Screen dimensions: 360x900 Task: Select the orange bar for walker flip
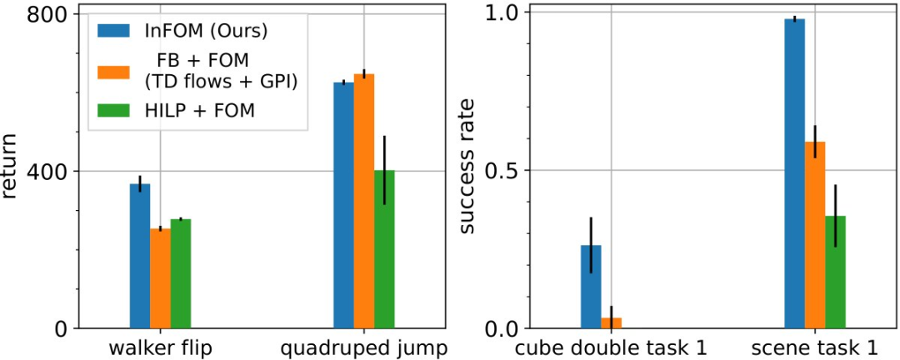tap(160, 278)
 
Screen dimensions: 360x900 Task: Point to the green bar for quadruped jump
tap(384, 249)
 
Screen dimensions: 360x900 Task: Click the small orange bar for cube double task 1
tap(611, 322)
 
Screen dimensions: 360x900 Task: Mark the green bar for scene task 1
tap(835, 272)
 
